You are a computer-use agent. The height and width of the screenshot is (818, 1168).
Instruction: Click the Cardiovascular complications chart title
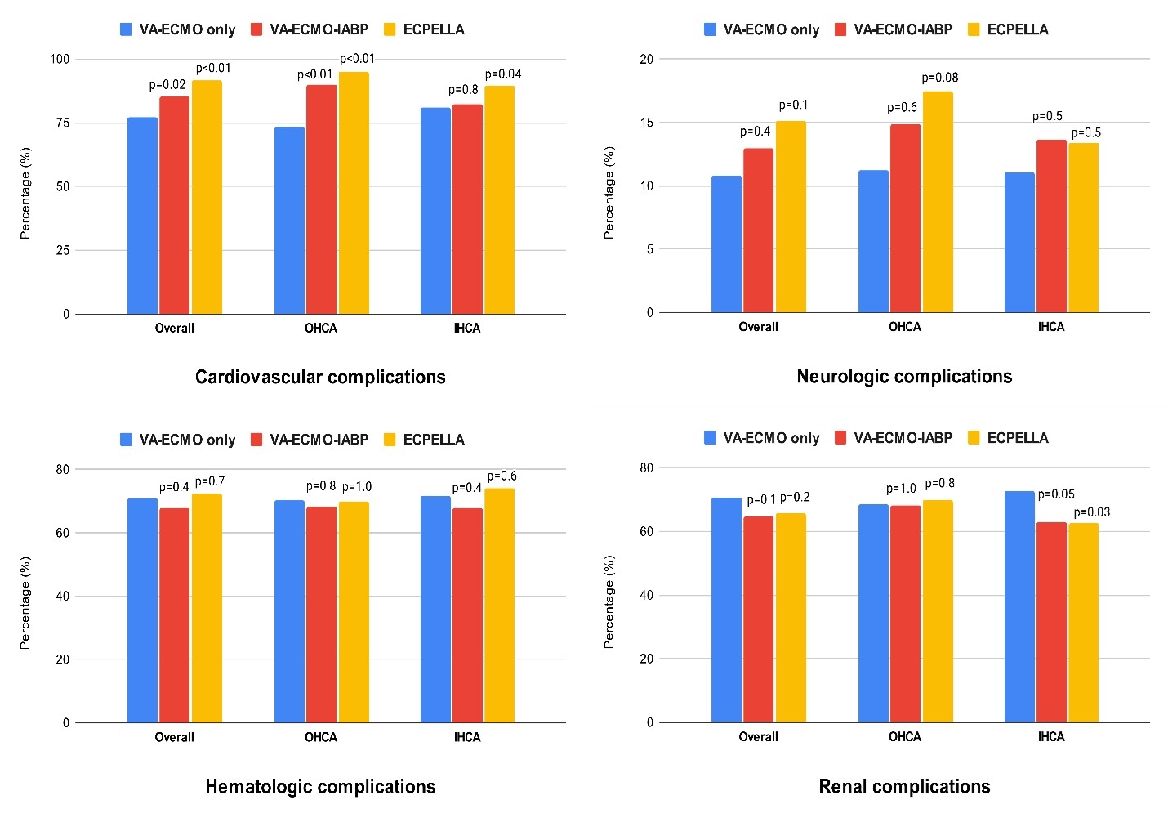click(x=320, y=377)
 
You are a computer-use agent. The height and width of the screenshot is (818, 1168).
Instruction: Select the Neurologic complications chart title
click(x=904, y=376)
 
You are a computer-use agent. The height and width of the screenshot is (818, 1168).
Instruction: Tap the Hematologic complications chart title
click(x=320, y=787)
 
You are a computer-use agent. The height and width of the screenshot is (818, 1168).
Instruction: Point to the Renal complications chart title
click(x=904, y=787)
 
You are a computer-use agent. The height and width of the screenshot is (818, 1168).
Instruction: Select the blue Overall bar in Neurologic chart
click(x=726, y=244)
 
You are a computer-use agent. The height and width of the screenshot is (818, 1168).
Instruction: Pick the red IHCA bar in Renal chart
click(x=1051, y=622)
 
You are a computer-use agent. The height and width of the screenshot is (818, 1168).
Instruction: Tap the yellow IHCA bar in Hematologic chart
click(x=499, y=606)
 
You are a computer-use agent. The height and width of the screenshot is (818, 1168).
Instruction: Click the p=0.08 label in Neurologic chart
click(x=940, y=78)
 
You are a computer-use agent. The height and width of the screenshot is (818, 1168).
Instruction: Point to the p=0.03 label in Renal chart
click(x=1092, y=512)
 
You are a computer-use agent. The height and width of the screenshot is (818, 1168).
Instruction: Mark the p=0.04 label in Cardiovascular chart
click(x=503, y=74)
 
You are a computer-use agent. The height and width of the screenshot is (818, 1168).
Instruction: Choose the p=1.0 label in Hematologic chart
click(x=357, y=487)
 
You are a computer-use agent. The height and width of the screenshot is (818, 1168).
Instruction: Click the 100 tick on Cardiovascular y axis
click(x=60, y=59)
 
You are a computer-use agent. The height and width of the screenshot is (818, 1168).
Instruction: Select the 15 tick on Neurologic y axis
click(x=646, y=123)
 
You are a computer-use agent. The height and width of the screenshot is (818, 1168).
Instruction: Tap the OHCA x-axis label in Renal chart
click(x=904, y=737)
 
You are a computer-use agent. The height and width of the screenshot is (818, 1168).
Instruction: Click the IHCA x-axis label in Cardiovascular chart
click(x=467, y=329)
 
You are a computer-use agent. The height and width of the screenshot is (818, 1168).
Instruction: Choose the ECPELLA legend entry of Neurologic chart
click(x=1008, y=29)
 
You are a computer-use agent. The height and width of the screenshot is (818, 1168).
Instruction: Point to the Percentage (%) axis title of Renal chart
click(x=609, y=602)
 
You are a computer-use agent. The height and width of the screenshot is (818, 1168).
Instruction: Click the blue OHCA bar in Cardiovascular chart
click(x=289, y=221)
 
